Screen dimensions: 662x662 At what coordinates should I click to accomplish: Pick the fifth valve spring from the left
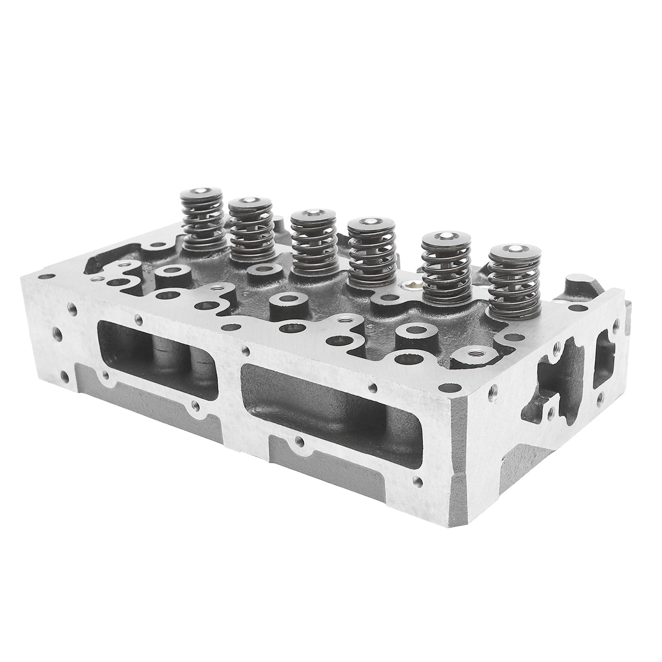click(446, 270)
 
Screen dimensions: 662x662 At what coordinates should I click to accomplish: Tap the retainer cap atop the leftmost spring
click(202, 195)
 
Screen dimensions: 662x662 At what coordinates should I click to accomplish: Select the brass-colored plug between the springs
click(410, 286)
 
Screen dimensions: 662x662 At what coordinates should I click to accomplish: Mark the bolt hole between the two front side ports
click(238, 349)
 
